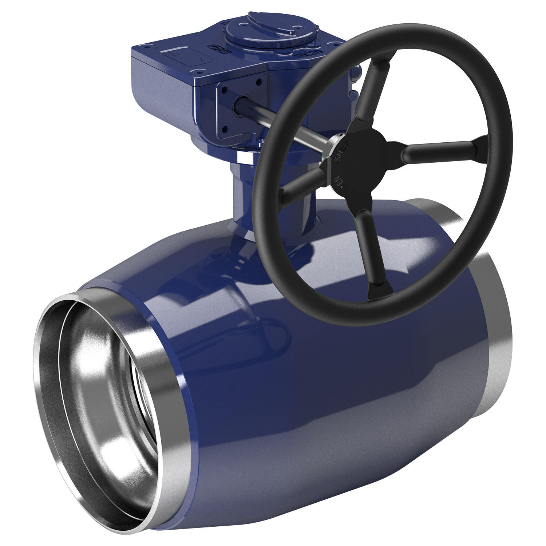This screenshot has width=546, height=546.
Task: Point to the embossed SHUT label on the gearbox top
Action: [305, 55]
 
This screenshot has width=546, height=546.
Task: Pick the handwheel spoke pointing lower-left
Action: [302, 182]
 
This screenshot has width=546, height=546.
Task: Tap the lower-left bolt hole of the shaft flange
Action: [225, 128]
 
